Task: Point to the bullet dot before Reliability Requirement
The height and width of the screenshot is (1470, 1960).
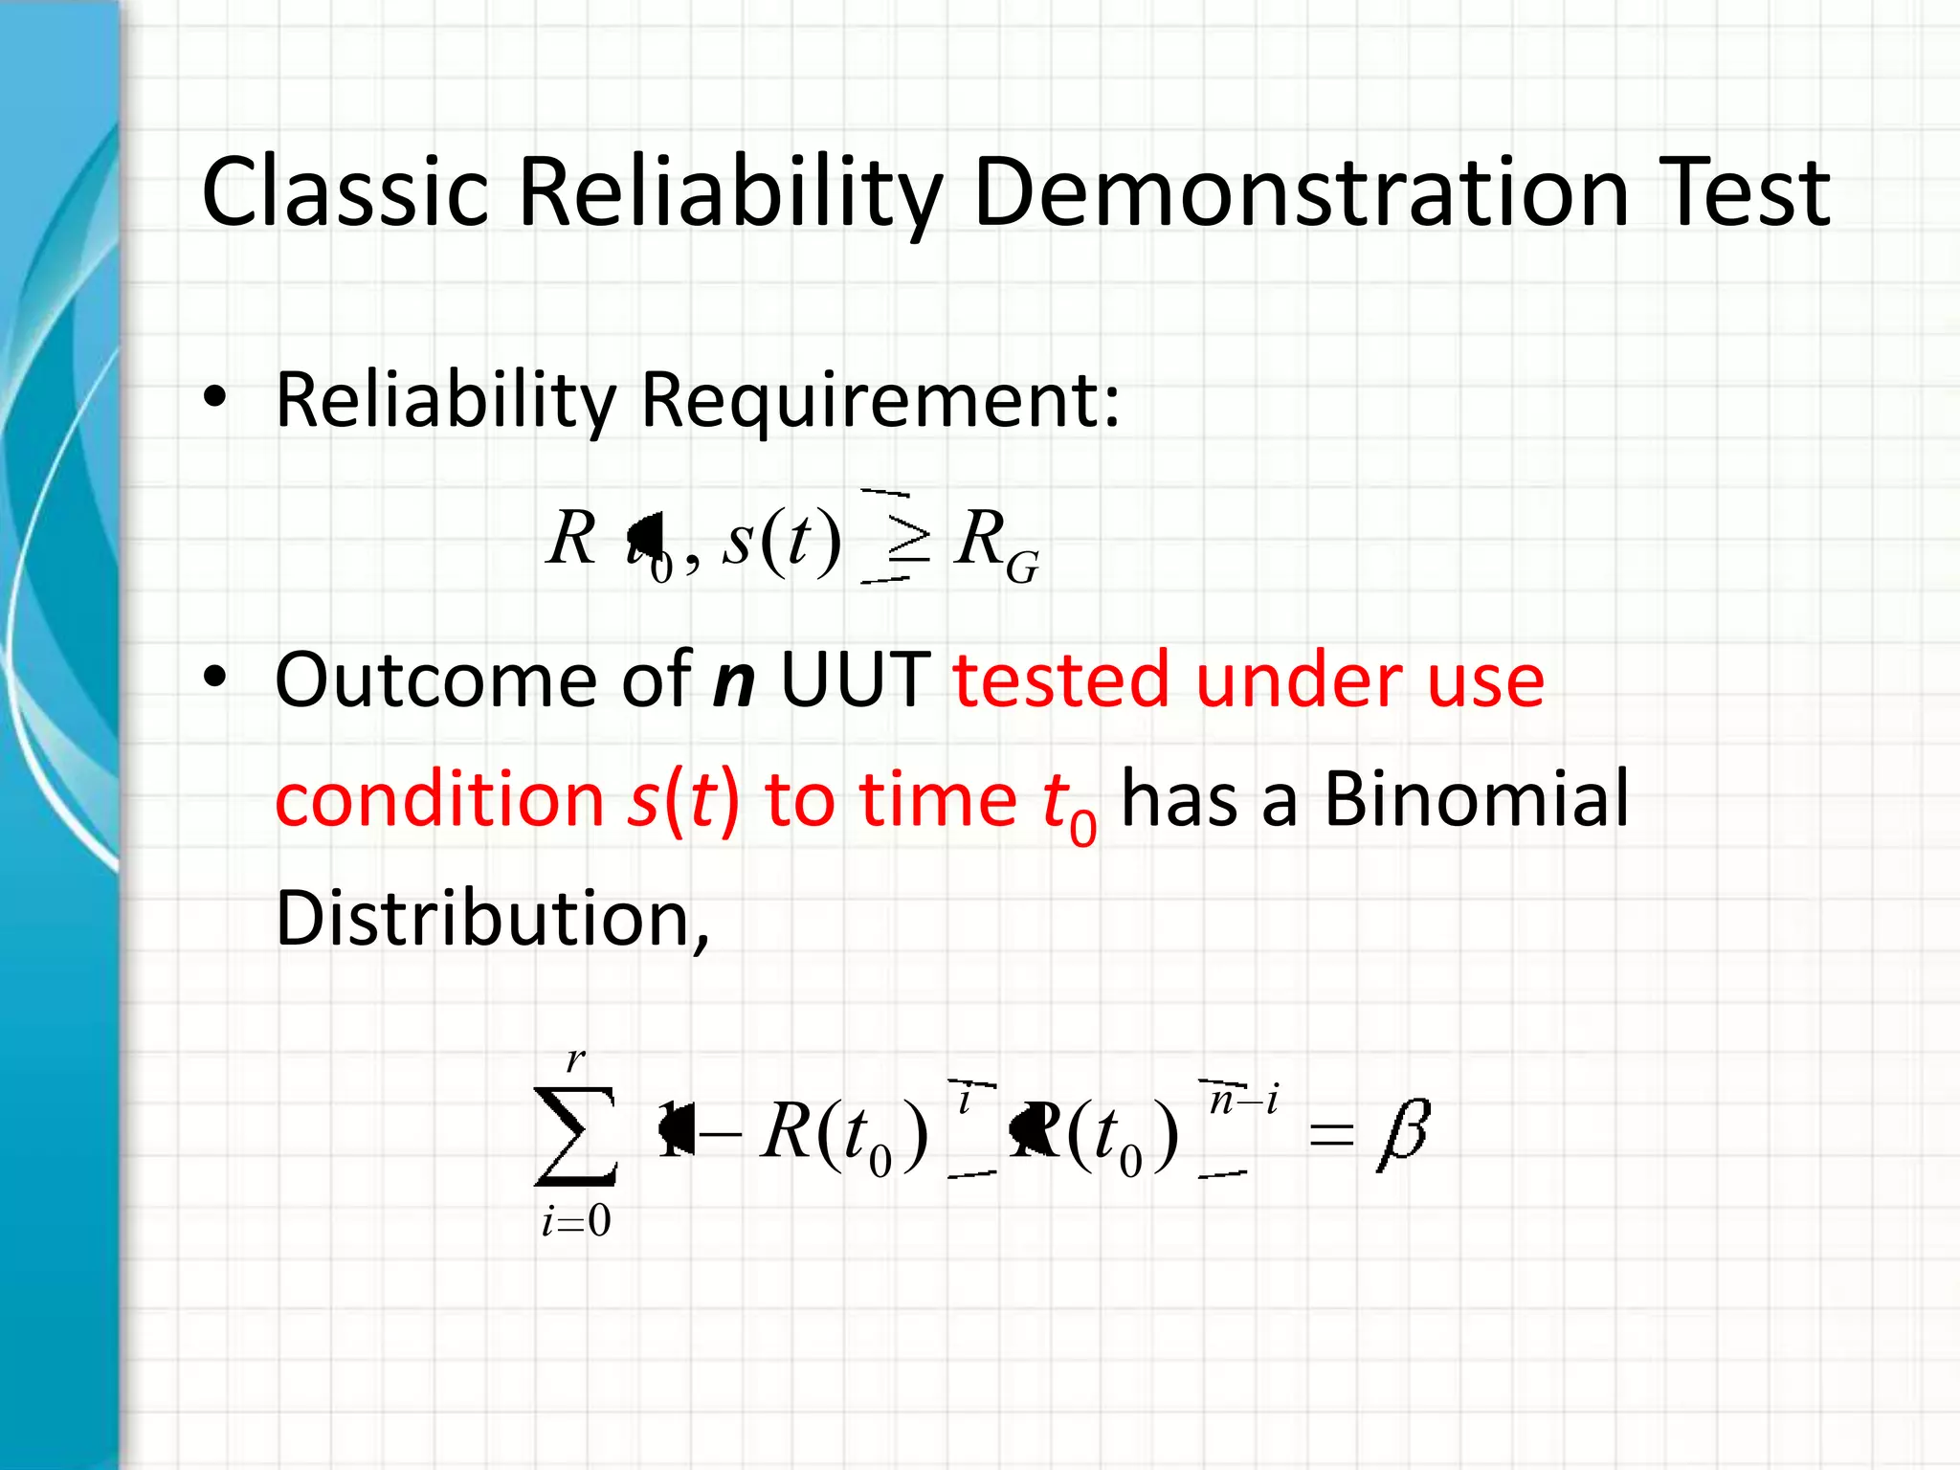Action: (x=215, y=398)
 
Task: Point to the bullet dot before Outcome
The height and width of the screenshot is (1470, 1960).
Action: (x=215, y=679)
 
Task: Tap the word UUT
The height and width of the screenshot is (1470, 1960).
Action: (x=856, y=679)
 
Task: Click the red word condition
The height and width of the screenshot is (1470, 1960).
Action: (x=439, y=799)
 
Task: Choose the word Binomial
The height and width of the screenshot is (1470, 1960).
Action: (x=1476, y=799)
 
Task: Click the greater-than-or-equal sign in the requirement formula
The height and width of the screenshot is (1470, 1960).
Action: (x=908, y=542)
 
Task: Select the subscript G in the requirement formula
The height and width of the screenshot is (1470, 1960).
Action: (x=1022, y=568)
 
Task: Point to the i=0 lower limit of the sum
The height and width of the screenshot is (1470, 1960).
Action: (x=575, y=1221)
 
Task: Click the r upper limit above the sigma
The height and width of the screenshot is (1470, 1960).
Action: (x=575, y=1059)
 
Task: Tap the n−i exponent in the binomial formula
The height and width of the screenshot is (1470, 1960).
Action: (x=1242, y=1101)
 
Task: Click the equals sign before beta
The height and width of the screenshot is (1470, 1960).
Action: (x=1331, y=1136)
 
